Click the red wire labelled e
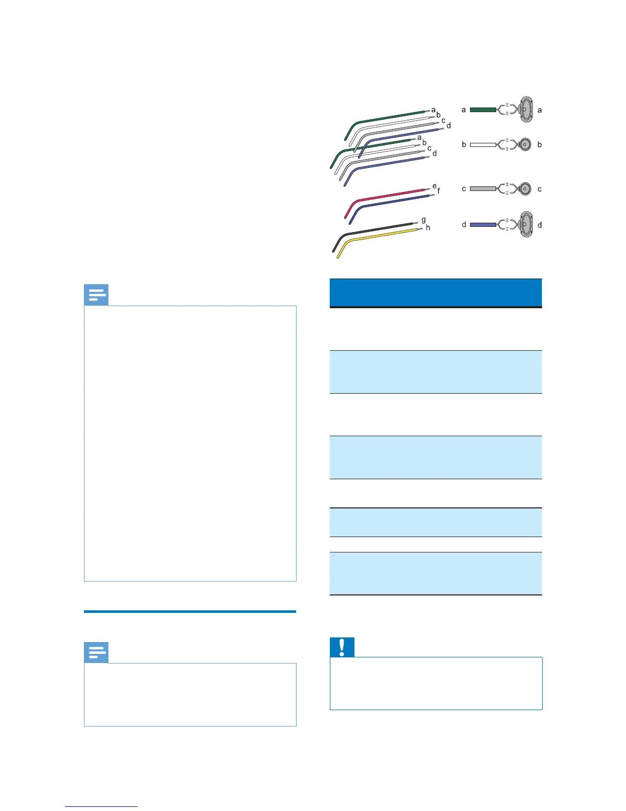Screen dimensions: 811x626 (x=389, y=196)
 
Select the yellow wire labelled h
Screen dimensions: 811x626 (x=378, y=236)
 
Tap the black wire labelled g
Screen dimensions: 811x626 (x=376, y=229)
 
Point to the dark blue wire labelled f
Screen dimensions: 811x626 (x=394, y=202)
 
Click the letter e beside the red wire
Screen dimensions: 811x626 (x=434, y=186)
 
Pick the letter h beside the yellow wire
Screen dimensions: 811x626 (x=428, y=228)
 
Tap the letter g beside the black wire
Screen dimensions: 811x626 (x=423, y=220)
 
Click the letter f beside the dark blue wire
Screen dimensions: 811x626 (x=438, y=191)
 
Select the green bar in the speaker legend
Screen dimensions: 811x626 (x=483, y=110)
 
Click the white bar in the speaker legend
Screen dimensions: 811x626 (x=483, y=145)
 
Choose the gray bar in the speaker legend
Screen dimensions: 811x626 (x=483, y=189)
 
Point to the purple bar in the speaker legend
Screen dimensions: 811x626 (x=483, y=225)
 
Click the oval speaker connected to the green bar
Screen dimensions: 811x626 (x=525, y=109)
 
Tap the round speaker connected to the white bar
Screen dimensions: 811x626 (x=525, y=145)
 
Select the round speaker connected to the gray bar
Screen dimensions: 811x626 (x=525, y=189)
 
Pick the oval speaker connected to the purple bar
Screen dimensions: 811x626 (x=525, y=224)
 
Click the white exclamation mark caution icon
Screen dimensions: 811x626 (x=342, y=648)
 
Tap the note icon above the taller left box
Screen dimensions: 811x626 (x=96, y=295)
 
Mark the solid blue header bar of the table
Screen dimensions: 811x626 (x=436, y=292)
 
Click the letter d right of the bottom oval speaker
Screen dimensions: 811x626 (x=540, y=225)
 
